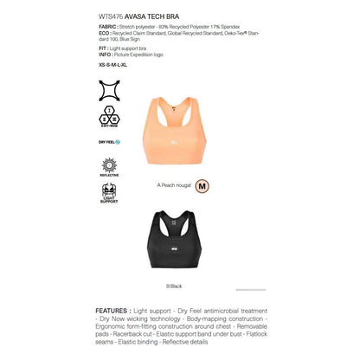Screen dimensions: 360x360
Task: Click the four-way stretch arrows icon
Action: [110, 90]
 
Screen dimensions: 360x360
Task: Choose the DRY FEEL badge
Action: [110, 141]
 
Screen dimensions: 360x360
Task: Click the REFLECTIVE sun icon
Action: [110, 166]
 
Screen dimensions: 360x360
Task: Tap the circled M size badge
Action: [202, 185]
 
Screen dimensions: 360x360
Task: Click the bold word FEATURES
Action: [112, 309]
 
